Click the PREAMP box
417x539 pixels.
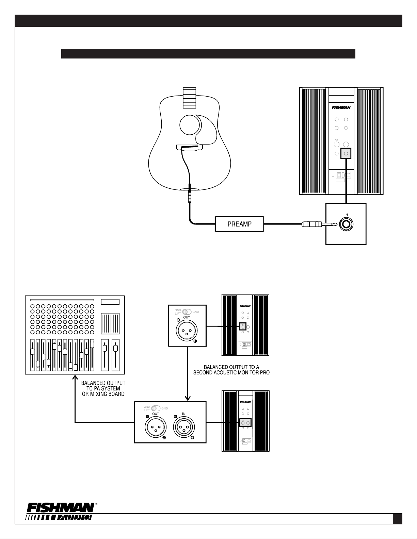click(239, 224)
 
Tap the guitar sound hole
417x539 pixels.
click(189, 125)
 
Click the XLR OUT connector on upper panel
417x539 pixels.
click(187, 330)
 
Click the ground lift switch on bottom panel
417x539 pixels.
click(156, 408)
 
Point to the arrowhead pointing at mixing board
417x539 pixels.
click(75, 378)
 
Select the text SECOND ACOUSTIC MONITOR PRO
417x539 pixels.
click(231, 372)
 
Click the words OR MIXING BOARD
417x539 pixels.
click(103, 394)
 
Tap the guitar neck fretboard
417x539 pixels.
click(189, 98)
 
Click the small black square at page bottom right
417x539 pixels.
click(397, 518)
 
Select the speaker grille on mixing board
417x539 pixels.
click(110, 323)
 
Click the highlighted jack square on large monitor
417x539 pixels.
click(346, 154)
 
